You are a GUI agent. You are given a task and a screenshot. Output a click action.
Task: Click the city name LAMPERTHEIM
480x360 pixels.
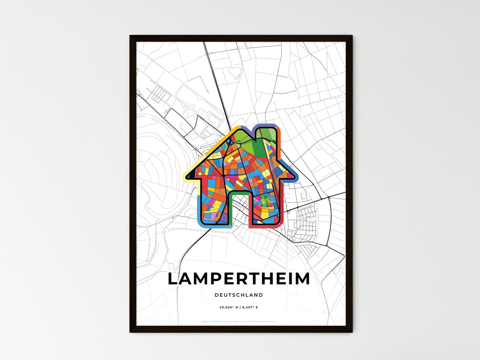click(x=239, y=279)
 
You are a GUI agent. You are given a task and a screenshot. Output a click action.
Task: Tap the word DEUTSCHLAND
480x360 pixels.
click(x=239, y=295)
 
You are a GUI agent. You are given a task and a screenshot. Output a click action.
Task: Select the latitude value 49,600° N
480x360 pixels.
click(x=229, y=307)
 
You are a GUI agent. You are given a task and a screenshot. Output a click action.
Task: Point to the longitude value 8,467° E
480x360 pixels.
click(x=250, y=307)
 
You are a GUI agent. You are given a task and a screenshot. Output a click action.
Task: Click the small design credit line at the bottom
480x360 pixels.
click(x=239, y=321)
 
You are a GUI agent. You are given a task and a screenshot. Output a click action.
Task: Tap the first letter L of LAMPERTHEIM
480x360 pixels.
click(x=174, y=279)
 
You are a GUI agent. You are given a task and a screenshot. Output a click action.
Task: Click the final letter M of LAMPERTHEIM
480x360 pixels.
click(x=302, y=279)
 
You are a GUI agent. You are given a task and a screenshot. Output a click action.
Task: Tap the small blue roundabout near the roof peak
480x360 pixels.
click(x=229, y=142)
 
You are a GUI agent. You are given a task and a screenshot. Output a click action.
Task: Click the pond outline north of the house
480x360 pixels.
click(x=235, y=72)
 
